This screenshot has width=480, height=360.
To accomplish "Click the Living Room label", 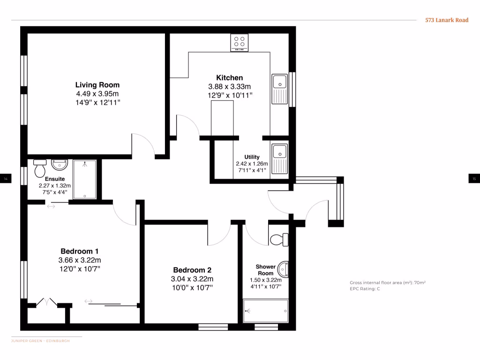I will click(x=97, y=85).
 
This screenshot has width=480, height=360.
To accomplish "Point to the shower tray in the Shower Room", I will click(x=265, y=310).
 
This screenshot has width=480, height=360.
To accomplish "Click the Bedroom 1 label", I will click(x=79, y=251).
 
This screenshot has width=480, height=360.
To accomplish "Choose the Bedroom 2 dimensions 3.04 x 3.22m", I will click(x=192, y=279).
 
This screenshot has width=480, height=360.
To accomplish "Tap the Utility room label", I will click(x=252, y=157).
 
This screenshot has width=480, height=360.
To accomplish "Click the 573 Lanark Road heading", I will click(x=446, y=20).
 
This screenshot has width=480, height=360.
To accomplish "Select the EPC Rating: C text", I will click(x=365, y=289).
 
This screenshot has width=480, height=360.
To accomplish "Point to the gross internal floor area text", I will click(x=387, y=283).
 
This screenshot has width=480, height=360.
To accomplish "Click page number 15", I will click(x=474, y=179).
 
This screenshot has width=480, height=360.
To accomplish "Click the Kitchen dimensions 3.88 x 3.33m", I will click(x=229, y=87).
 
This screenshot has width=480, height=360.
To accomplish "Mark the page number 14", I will click(x=6, y=179).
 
